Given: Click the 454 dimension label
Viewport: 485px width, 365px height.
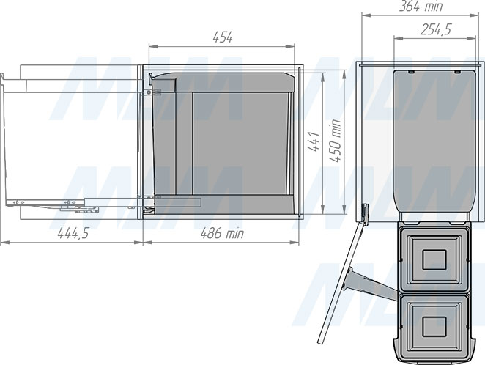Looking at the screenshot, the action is [223, 37].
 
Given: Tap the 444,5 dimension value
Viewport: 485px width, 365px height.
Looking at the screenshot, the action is [73, 233].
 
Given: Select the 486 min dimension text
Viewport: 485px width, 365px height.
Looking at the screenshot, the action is [222, 233].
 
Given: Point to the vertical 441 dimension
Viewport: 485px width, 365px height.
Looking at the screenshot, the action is [314, 141].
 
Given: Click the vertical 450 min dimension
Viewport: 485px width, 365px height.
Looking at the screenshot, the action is [336, 141].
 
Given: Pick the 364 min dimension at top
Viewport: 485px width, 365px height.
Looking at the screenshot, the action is [421, 6].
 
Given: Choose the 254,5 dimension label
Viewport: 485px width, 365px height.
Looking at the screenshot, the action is [436, 29].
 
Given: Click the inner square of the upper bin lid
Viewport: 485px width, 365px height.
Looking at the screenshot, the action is [434, 259].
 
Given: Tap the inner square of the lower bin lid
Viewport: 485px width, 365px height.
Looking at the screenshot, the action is [434, 327].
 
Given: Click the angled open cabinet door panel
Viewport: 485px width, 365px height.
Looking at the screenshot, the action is [340, 282].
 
